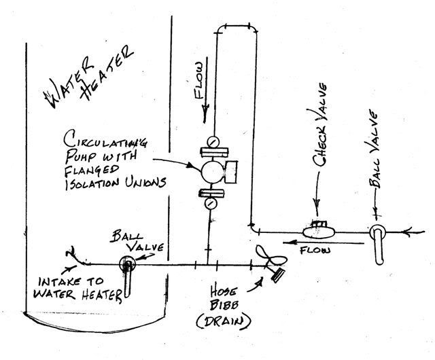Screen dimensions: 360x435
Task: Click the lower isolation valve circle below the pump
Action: coord(211,202)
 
